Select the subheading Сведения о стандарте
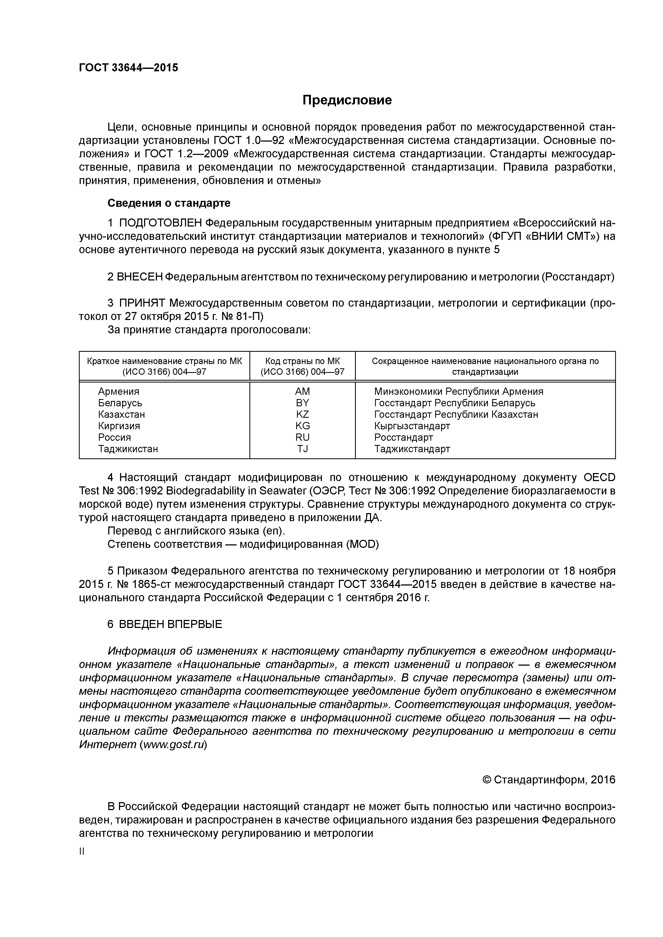pos(169,203)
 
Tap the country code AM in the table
pos(302,391)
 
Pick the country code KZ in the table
pos(302,414)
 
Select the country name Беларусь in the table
pos(120,403)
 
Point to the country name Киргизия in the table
pos(119,426)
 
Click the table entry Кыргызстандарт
pos(412,426)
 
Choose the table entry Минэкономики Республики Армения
pos(458,391)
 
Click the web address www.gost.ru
pos(173,744)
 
